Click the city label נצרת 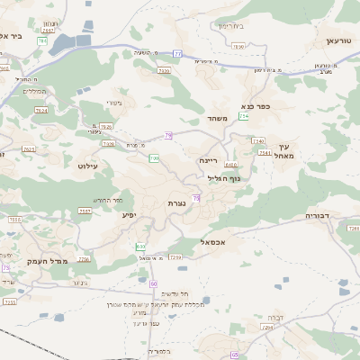pos(176,204)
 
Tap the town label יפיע pos(130,216)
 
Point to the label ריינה pos(209,158)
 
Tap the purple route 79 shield pos(168,135)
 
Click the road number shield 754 pos(243,116)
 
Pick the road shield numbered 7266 pos(84,259)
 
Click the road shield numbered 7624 pos(40,110)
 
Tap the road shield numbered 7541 pos(265,153)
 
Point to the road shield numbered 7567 pos(85,211)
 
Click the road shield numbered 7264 pos(267,328)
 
